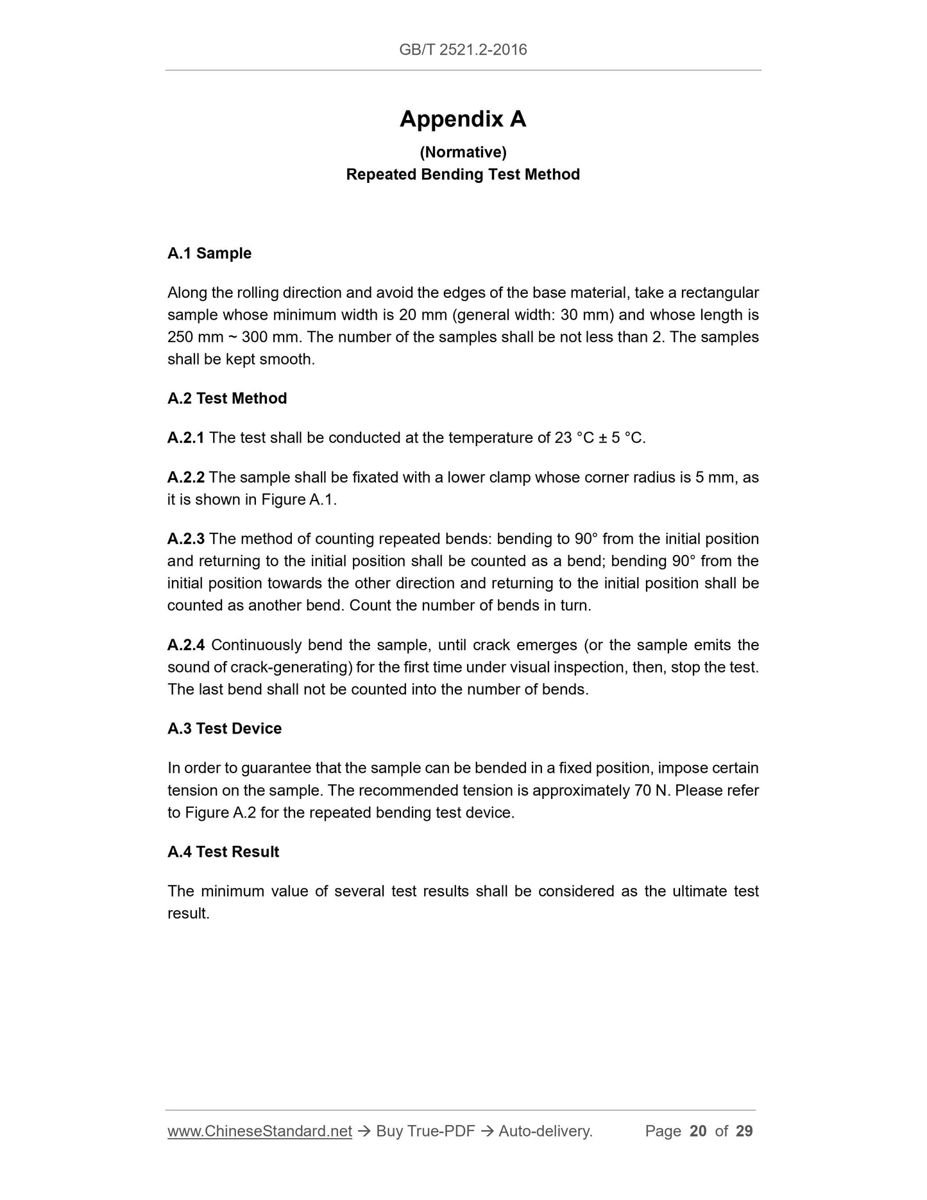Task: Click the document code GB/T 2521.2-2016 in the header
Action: pos(463,50)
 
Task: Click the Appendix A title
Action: pos(463,119)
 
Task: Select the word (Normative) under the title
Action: pos(463,152)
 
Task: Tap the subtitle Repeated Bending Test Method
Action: pos(463,175)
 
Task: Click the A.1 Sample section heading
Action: pos(209,253)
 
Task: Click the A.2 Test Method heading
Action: pos(227,399)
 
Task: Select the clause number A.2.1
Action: pos(185,438)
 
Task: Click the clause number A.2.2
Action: pos(185,477)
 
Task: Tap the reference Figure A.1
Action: pos(298,500)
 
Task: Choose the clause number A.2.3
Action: pos(185,539)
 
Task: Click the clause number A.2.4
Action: pos(185,645)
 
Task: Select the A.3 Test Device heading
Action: pos(225,729)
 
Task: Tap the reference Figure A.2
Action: pos(221,813)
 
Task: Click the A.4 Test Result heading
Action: pos(223,852)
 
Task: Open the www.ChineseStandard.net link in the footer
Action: pos(260,1131)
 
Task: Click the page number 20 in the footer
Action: pos(698,1131)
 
